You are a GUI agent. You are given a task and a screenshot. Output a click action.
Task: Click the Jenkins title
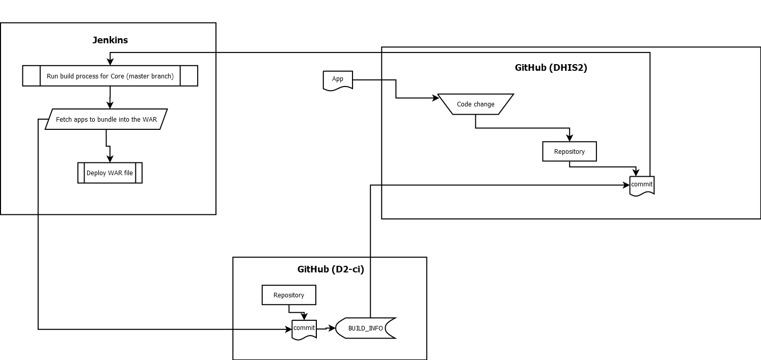click(110, 40)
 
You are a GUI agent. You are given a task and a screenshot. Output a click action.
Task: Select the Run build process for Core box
click(110, 76)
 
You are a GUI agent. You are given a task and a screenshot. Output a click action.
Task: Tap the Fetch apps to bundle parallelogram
click(106, 119)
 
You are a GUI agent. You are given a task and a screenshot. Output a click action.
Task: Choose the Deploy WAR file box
click(110, 173)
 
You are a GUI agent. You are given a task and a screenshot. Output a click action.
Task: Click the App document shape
click(338, 80)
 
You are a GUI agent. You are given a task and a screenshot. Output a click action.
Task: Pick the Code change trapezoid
click(475, 104)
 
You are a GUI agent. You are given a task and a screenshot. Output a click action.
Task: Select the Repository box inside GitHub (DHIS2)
click(569, 151)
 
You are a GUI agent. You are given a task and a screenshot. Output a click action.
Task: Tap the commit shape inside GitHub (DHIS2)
click(642, 185)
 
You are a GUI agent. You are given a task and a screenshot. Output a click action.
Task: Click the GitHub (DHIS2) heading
click(551, 68)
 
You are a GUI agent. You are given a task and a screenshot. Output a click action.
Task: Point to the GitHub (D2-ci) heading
click(331, 269)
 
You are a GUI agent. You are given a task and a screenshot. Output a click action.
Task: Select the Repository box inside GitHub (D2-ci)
click(288, 295)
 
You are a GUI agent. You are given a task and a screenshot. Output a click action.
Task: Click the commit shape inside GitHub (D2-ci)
click(304, 328)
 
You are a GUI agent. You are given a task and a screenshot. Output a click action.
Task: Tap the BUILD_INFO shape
click(365, 328)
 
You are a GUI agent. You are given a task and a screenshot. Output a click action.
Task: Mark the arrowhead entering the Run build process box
click(110, 62)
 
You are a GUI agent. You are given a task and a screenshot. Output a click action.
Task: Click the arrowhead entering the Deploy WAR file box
click(110, 159)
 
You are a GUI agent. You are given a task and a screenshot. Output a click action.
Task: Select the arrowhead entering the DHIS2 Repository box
click(569, 138)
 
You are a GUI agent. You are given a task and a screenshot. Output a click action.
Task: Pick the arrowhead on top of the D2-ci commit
click(305, 317)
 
